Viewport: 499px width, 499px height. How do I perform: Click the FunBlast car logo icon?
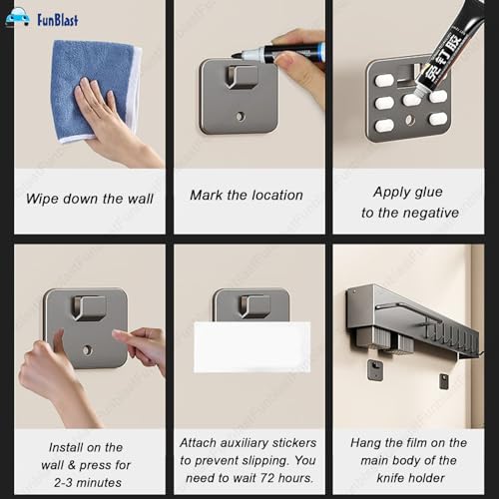coord(18,18)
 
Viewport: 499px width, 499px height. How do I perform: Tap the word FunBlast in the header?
coord(58,20)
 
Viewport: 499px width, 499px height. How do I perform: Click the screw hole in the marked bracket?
coord(241,117)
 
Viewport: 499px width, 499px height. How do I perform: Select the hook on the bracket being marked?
coord(242,77)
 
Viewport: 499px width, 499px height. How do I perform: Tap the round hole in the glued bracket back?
coord(410,120)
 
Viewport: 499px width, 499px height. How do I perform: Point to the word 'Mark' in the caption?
coord(206,195)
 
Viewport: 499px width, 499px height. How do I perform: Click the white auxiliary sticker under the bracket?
coord(251,346)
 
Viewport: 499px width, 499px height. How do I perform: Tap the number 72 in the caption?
coord(267,478)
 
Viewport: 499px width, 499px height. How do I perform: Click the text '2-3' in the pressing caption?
coord(63,483)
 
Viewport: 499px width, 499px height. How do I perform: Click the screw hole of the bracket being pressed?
coord(87,350)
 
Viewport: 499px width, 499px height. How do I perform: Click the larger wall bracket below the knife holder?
coord(375,370)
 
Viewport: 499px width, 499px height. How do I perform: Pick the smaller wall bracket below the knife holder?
coord(444,381)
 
